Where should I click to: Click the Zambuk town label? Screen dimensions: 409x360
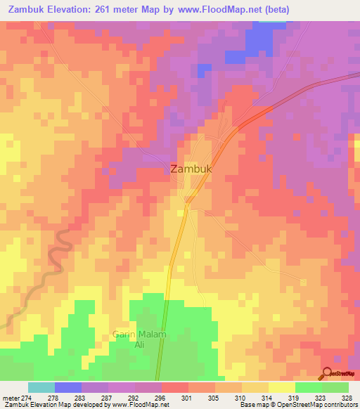[x=191, y=169]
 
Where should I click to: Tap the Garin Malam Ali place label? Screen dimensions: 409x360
[x=139, y=340]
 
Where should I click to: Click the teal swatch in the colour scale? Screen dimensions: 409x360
[x=41, y=387]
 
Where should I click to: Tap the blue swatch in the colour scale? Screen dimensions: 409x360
[x=68, y=387]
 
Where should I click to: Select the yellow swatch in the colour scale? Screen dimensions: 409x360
[x=282, y=387]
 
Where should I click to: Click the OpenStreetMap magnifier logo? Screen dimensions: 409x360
[x=328, y=373]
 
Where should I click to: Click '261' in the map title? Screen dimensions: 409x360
[x=100, y=10]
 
